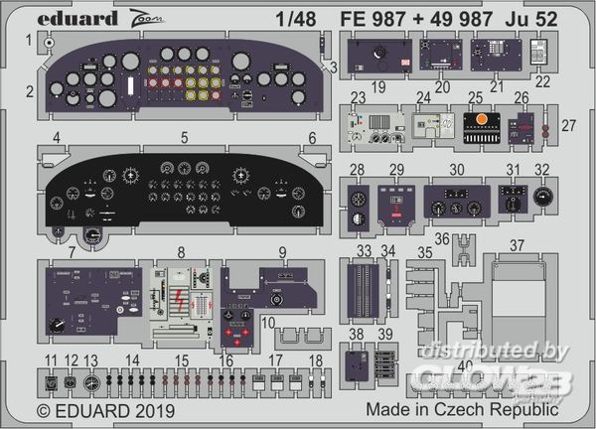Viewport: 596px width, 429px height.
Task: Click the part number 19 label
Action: tap(379, 87)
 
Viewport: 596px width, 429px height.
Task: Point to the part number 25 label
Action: tap(476, 97)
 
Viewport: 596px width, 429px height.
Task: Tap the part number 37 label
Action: tap(519, 245)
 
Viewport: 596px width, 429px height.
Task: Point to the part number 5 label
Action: tap(184, 138)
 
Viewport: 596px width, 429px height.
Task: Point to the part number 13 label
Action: tap(91, 358)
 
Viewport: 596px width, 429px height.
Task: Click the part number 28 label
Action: tap(356, 168)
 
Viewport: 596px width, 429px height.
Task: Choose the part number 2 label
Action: tap(31, 91)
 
